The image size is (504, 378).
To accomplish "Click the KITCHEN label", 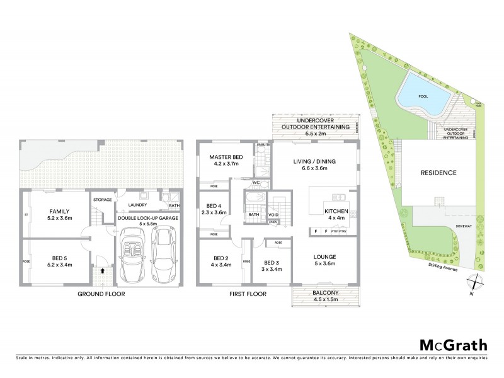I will point(335,211).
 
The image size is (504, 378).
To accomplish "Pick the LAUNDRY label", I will point(137,205).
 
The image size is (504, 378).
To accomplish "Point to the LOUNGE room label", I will point(324,257).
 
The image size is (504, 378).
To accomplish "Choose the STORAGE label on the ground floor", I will point(103,200).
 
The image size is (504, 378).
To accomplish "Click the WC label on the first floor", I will point(256,183).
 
